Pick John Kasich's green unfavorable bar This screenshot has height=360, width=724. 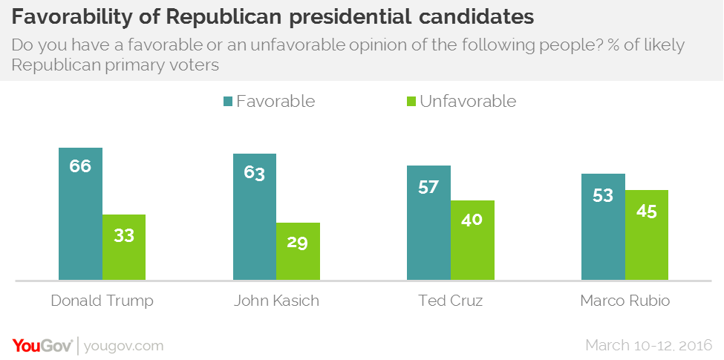(x=298, y=252)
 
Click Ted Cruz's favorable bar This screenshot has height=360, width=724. (x=428, y=223)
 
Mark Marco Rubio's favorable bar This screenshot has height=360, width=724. (x=603, y=227)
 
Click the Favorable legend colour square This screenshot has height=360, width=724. (x=226, y=102)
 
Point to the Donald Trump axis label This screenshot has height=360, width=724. (x=102, y=301)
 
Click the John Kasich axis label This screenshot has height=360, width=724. (x=276, y=301)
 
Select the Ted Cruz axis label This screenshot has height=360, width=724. (x=450, y=301)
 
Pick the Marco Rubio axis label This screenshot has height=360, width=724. (x=624, y=301)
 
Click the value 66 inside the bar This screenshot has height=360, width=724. (x=80, y=166)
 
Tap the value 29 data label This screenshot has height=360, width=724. (x=298, y=243)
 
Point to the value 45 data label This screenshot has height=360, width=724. (x=647, y=211)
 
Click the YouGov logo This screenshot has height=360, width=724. (x=42, y=345)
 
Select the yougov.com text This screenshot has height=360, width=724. (x=124, y=346)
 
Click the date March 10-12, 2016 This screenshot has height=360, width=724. (x=648, y=345)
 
